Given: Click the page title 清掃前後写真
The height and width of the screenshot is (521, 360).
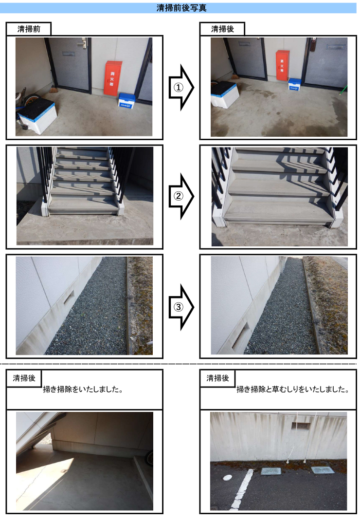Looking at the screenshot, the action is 181,8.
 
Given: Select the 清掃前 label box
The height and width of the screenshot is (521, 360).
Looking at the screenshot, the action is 29,29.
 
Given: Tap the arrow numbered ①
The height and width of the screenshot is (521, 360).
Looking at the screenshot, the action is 181,87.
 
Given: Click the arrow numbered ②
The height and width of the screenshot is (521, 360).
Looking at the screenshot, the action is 181,196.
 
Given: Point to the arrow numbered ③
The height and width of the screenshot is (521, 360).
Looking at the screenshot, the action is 181,307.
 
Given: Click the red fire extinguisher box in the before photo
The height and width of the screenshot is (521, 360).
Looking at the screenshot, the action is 113,78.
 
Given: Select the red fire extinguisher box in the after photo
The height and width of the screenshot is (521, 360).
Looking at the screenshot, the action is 282,65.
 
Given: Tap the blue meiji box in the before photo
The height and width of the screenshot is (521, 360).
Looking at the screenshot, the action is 127,101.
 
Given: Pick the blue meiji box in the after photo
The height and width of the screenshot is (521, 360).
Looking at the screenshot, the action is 294,84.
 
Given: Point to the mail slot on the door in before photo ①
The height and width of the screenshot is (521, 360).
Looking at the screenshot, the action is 69,53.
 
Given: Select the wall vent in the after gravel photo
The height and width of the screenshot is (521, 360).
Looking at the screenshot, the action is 240,336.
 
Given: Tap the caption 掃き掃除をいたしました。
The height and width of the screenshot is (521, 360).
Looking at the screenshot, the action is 83,390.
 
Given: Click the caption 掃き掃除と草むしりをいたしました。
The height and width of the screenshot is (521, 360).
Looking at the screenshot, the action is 293,390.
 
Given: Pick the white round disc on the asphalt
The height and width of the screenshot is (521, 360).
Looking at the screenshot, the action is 228,478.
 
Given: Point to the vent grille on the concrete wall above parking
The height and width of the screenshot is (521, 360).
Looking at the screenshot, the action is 301,426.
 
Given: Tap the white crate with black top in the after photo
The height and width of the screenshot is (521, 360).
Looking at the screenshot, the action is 225,94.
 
